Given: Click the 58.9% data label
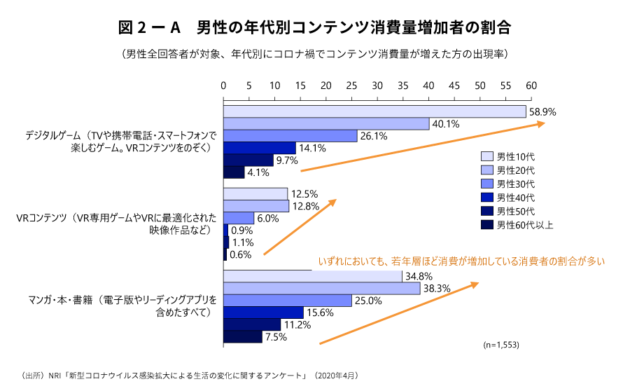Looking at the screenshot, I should (542, 111).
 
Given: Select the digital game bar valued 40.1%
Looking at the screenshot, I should (326, 124).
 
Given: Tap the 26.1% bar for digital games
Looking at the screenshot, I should (290, 136).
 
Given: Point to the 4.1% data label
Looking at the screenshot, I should (258, 172).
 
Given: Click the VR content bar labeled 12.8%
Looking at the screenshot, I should (256, 206).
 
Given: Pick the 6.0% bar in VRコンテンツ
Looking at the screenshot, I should (239, 218).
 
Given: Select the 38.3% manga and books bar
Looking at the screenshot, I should (321, 288).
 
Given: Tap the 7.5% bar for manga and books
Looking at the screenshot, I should (242, 337).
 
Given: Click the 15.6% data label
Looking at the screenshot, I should (320, 313).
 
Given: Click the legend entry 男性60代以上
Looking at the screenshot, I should (525, 225).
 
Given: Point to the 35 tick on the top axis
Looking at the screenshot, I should (403, 85).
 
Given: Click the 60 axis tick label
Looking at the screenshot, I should (531, 85).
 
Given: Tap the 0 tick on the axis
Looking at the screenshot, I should (224, 85).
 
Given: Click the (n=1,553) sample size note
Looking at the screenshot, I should (502, 345).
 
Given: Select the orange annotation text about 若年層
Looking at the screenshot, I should (461, 261).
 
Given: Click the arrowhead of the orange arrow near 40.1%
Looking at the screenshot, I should (542, 123).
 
